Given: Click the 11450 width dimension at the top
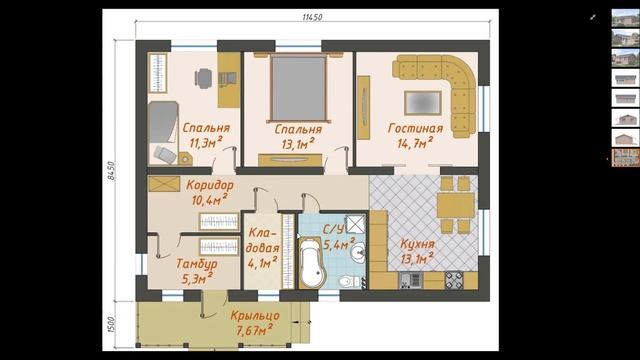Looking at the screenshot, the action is tap(312, 17).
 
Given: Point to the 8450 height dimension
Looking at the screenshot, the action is tap(111, 171).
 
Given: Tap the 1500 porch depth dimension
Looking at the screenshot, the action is tap(112, 324).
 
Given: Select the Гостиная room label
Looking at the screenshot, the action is tap(415, 129).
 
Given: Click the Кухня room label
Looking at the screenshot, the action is tap(417, 244).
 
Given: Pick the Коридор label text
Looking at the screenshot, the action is tap(210, 185).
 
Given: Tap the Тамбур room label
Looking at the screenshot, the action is tap(196, 264).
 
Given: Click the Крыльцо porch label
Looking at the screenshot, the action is tap(255, 316).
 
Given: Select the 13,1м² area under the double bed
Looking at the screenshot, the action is tap(298, 144).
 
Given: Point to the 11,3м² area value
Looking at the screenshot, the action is tap(206, 142).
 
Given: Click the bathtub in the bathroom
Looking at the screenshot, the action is tap(311, 262).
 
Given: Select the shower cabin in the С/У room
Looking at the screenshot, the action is tap(356, 224).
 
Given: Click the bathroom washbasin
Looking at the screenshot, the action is tap(358, 251).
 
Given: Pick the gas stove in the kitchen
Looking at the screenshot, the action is tap(454, 280).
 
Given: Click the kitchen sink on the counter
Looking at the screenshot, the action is tap(411, 281).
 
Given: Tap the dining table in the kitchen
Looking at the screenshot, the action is tap(456, 205).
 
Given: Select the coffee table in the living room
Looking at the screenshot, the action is tap(422, 103).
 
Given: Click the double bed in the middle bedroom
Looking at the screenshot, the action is tap(298, 87).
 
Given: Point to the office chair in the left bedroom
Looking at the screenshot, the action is tap(203, 78).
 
